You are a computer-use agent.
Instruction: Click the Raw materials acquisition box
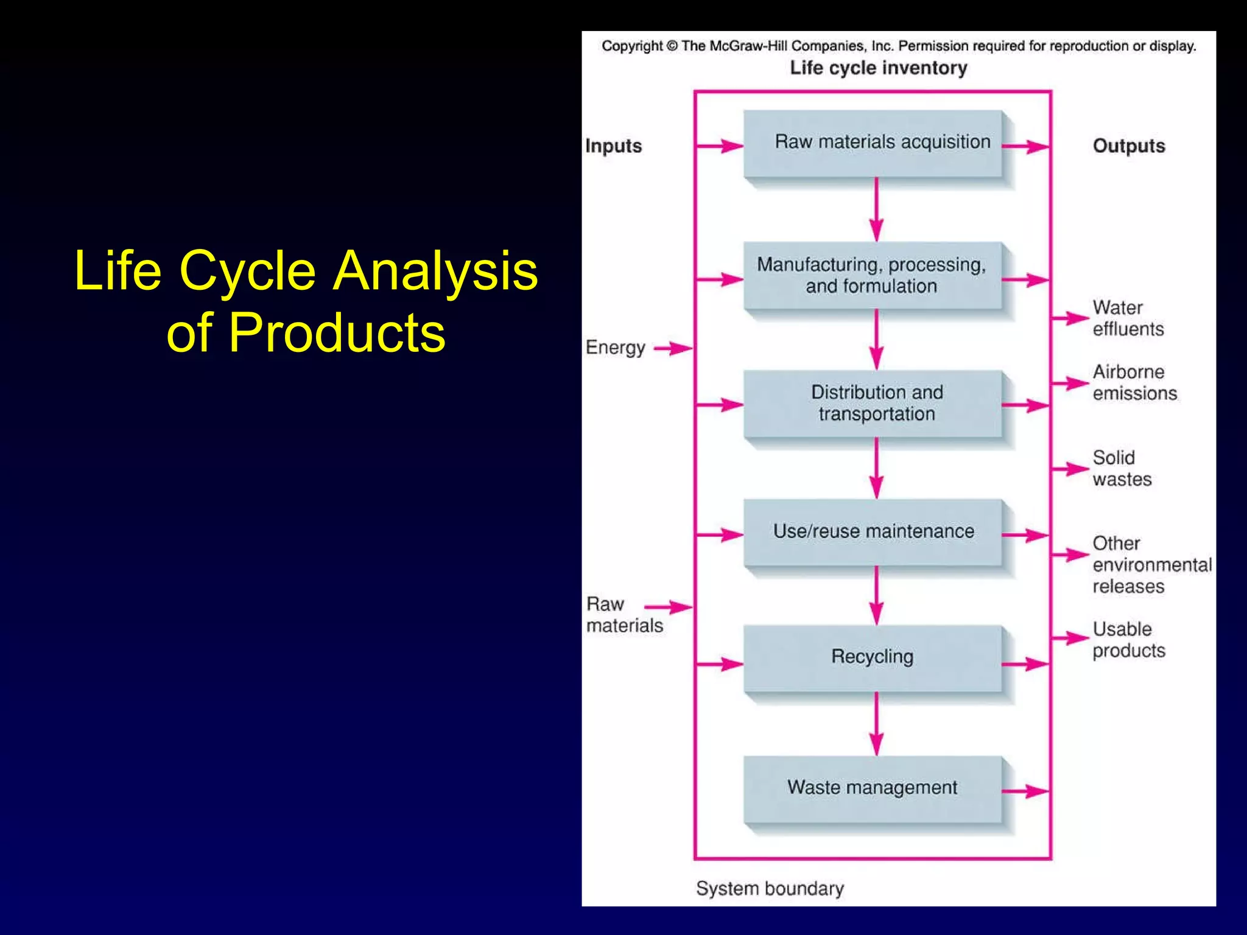click(x=873, y=144)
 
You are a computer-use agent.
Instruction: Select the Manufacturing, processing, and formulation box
click(x=873, y=276)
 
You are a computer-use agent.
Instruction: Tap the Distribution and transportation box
click(x=873, y=404)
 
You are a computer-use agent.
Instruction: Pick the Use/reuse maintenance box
click(x=873, y=532)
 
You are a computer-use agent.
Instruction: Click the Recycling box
click(x=873, y=657)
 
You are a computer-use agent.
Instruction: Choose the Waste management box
click(x=873, y=788)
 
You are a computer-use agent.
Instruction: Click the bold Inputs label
click(x=613, y=146)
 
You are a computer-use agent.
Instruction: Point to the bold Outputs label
click(x=1128, y=146)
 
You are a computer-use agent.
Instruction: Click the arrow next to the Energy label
click(x=672, y=349)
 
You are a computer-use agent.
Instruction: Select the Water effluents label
click(x=1128, y=318)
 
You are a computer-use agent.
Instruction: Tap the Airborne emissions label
click(x=1134, y=382)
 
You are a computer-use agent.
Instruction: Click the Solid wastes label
click(x=1122, y=468)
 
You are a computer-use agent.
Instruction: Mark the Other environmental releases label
click(x=1151, y=564)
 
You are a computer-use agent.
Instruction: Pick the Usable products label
click(x=1128, y=639)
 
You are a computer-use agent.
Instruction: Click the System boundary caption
click(x=770, y=888)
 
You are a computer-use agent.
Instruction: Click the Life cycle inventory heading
click(x=878, y=68)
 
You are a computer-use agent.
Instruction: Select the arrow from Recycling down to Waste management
click(x=876, y=724)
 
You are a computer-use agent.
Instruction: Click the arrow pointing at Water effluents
click(x=1070, y=318)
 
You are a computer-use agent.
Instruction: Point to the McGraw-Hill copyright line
click(x=899, y=46)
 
